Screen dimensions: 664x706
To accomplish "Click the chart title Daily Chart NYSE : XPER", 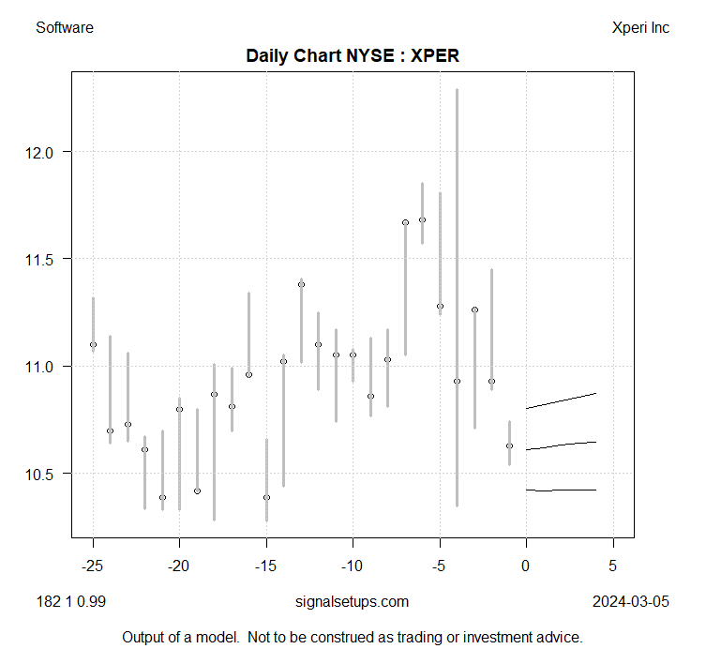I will pos(352,56).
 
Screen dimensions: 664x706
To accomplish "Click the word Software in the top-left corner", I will pos(65,28).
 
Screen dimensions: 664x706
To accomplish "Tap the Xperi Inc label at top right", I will pos(639,28).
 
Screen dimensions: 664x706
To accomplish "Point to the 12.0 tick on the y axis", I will pos(45,152).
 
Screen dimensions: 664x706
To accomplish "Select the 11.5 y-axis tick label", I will pos(45,259).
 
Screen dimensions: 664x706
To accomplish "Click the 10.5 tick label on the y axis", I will pos(45,474).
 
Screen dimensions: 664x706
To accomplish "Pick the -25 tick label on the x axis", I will pos(93,566).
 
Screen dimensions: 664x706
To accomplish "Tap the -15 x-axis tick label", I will pos(266,566).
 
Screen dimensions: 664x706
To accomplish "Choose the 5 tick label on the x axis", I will pos(613,566).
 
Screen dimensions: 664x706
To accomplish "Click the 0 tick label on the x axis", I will pos(526,566).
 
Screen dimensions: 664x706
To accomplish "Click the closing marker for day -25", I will pos(93,345).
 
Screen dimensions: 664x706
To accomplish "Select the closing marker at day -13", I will pos(301,284).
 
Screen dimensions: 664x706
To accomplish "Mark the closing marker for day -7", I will pos(405,222).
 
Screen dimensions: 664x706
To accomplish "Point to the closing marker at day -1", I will pos(509,445).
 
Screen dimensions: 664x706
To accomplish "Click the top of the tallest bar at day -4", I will pos(457,90).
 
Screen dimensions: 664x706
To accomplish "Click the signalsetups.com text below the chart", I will pos(352,601).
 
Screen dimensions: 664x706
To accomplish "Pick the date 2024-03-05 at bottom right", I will pos(631,601).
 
